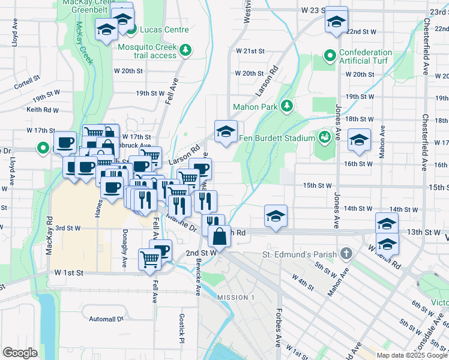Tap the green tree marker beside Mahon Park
287,106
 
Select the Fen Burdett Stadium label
277,138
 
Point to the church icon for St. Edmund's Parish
346,254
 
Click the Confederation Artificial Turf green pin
330,56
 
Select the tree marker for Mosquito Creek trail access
187,49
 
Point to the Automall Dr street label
105,319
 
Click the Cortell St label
27,77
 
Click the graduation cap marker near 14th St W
276,215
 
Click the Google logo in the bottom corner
20,353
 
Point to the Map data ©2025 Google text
412,355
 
